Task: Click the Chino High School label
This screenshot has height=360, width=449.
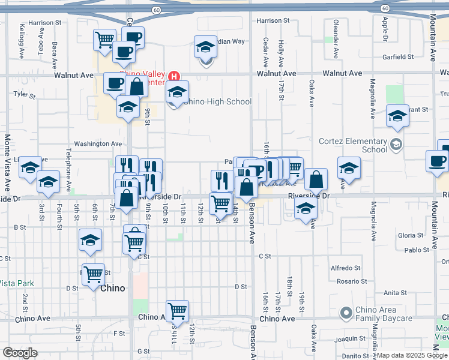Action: coord(217,101)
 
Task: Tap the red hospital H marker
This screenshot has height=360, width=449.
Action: coord(174,76)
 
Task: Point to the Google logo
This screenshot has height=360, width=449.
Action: coord(20,353)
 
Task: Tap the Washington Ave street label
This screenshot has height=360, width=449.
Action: coord(98,144)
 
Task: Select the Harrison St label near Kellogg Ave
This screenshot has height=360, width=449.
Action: coord(45,23)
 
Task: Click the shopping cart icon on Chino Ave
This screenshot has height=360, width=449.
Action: coord(177,311)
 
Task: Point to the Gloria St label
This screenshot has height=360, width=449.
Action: coord(411,236)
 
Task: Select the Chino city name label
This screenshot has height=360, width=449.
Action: coord(112,288)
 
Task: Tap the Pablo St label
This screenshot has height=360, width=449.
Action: coord(416,250)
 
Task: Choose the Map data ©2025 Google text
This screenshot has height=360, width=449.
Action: coord(411,356)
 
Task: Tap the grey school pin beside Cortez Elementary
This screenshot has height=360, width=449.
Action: coord(395,144)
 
